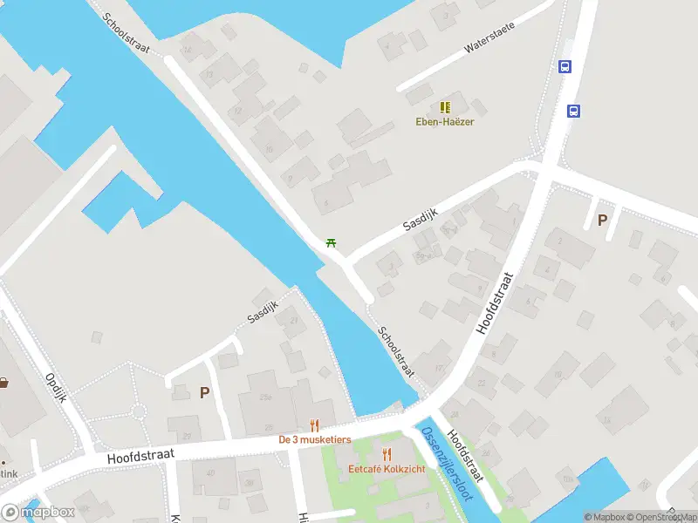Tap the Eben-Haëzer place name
click(x=445, y=122)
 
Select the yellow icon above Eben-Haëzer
click(x=445, y=107)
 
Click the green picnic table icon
click(x=331, y=242)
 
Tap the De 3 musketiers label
click(x=315, y=439)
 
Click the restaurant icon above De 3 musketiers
click(x=315, y=425)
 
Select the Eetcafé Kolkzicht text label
click(x=387, y=469)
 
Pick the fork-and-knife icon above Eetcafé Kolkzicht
click(x=387, y=454)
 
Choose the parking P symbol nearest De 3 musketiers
click(x=204, y=392)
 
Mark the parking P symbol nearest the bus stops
click(x=602, y=220)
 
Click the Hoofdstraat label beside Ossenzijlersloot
click(x=464, y=457)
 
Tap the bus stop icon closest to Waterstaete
click(x=565, y=66)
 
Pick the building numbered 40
click(x=209, y=473)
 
